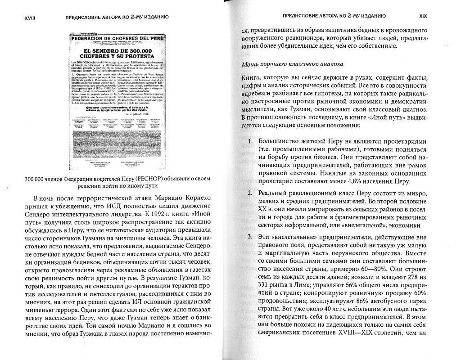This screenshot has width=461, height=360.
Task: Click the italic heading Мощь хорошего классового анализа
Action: (x=293, y=64)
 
